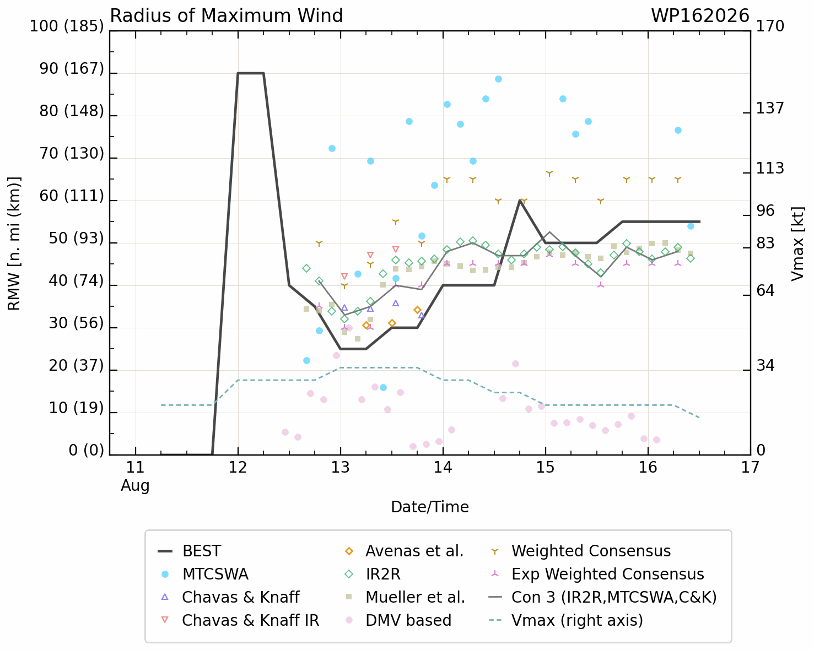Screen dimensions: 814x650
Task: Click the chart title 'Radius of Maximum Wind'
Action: pyautogui.click(x=226, y=16)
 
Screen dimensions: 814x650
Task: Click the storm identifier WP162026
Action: pyautogui.click(x=700, y=16)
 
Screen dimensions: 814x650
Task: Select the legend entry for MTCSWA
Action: pyautogui.click(x=205, y=574)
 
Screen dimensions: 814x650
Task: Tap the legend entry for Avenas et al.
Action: pyautogui.click(x=404, y=551)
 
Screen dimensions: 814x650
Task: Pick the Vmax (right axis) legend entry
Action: pyautogui.click(x=566, y=620)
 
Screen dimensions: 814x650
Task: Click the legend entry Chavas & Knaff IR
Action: pyautogui.click(x=240, y=620)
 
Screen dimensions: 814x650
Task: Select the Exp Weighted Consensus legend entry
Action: pyautogui.click(x=597, y=574)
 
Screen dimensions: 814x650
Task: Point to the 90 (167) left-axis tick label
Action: pyautogui.click(x=72, y=68)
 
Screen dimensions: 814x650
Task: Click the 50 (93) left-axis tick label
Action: pyautogui.click(x=76, y=238)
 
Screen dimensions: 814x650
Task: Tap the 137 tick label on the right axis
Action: pyautogui.click(x=770, y=109)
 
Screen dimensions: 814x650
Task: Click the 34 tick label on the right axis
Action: pyautogui.click(x=765, y=366)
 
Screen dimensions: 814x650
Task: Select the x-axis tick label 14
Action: pyautogui.click(x=443, y=468)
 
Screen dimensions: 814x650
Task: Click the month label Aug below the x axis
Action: pyautogui.click(x=135, y=485)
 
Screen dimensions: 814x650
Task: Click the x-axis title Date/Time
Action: pyautogui.click(x=430, y=507)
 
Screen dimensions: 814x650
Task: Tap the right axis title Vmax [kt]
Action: pyautogui.click(x=797, y=243)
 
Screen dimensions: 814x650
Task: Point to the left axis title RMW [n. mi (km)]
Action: pyautogui.click(x=14, y=243)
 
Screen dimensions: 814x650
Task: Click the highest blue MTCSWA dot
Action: pyautogui.click(x=499, y=79)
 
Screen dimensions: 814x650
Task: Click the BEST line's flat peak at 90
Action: pyautogui.click(x=250, y=73)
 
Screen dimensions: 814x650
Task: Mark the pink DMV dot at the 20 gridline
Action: pyautogui.click(x=515, y=364)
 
